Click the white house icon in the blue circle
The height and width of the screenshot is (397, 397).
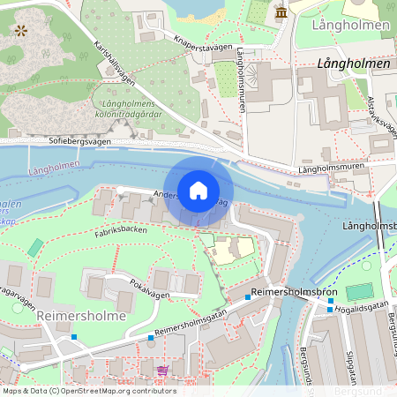coord(198,190)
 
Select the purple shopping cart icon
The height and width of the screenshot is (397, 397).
coord(161,370)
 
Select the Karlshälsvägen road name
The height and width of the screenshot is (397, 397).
coord(115,62)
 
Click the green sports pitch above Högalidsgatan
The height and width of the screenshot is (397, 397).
coord(359,291)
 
